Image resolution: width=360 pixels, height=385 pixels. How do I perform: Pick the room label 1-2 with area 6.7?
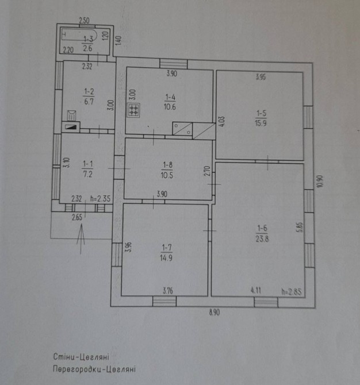[89, 95]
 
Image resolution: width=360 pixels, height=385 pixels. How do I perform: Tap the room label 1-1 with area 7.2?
[87, 167]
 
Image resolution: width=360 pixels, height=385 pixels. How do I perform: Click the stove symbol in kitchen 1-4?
[133, 109]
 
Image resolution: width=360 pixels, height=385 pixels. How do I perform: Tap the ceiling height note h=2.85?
[292, 291]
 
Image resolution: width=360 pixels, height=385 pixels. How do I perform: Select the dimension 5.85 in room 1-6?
[299, 226]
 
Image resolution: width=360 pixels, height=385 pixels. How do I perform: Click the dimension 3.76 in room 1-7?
[167, 291]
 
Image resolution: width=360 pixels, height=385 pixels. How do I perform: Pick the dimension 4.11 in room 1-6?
[256, 291]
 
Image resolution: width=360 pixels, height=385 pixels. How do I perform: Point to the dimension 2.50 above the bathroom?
[85, 21]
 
